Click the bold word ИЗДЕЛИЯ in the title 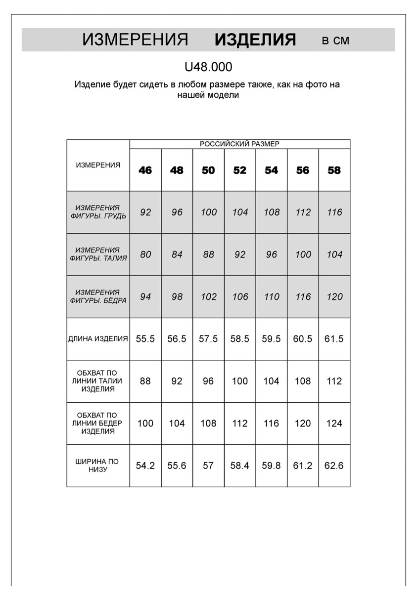(255, 40)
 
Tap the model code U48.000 (208, 67)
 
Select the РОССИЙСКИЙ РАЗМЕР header (239, 144)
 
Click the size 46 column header (145, 170)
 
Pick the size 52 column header (239, 170)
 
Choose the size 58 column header (334, 170)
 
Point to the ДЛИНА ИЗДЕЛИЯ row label (98, 339)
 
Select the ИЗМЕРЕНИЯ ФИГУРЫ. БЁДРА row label (98, 296)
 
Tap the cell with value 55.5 (145, 339)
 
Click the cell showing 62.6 (334, 466)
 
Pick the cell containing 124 (334, 424)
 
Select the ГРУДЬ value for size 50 (209, 212)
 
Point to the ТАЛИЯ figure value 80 (145, 254)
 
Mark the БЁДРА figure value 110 (272, 297)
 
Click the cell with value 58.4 (239, 466)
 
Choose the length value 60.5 (303, 339)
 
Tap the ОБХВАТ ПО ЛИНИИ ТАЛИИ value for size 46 (145, 381)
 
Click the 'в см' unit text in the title (335, 41)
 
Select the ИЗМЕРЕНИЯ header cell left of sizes (98, 165)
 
